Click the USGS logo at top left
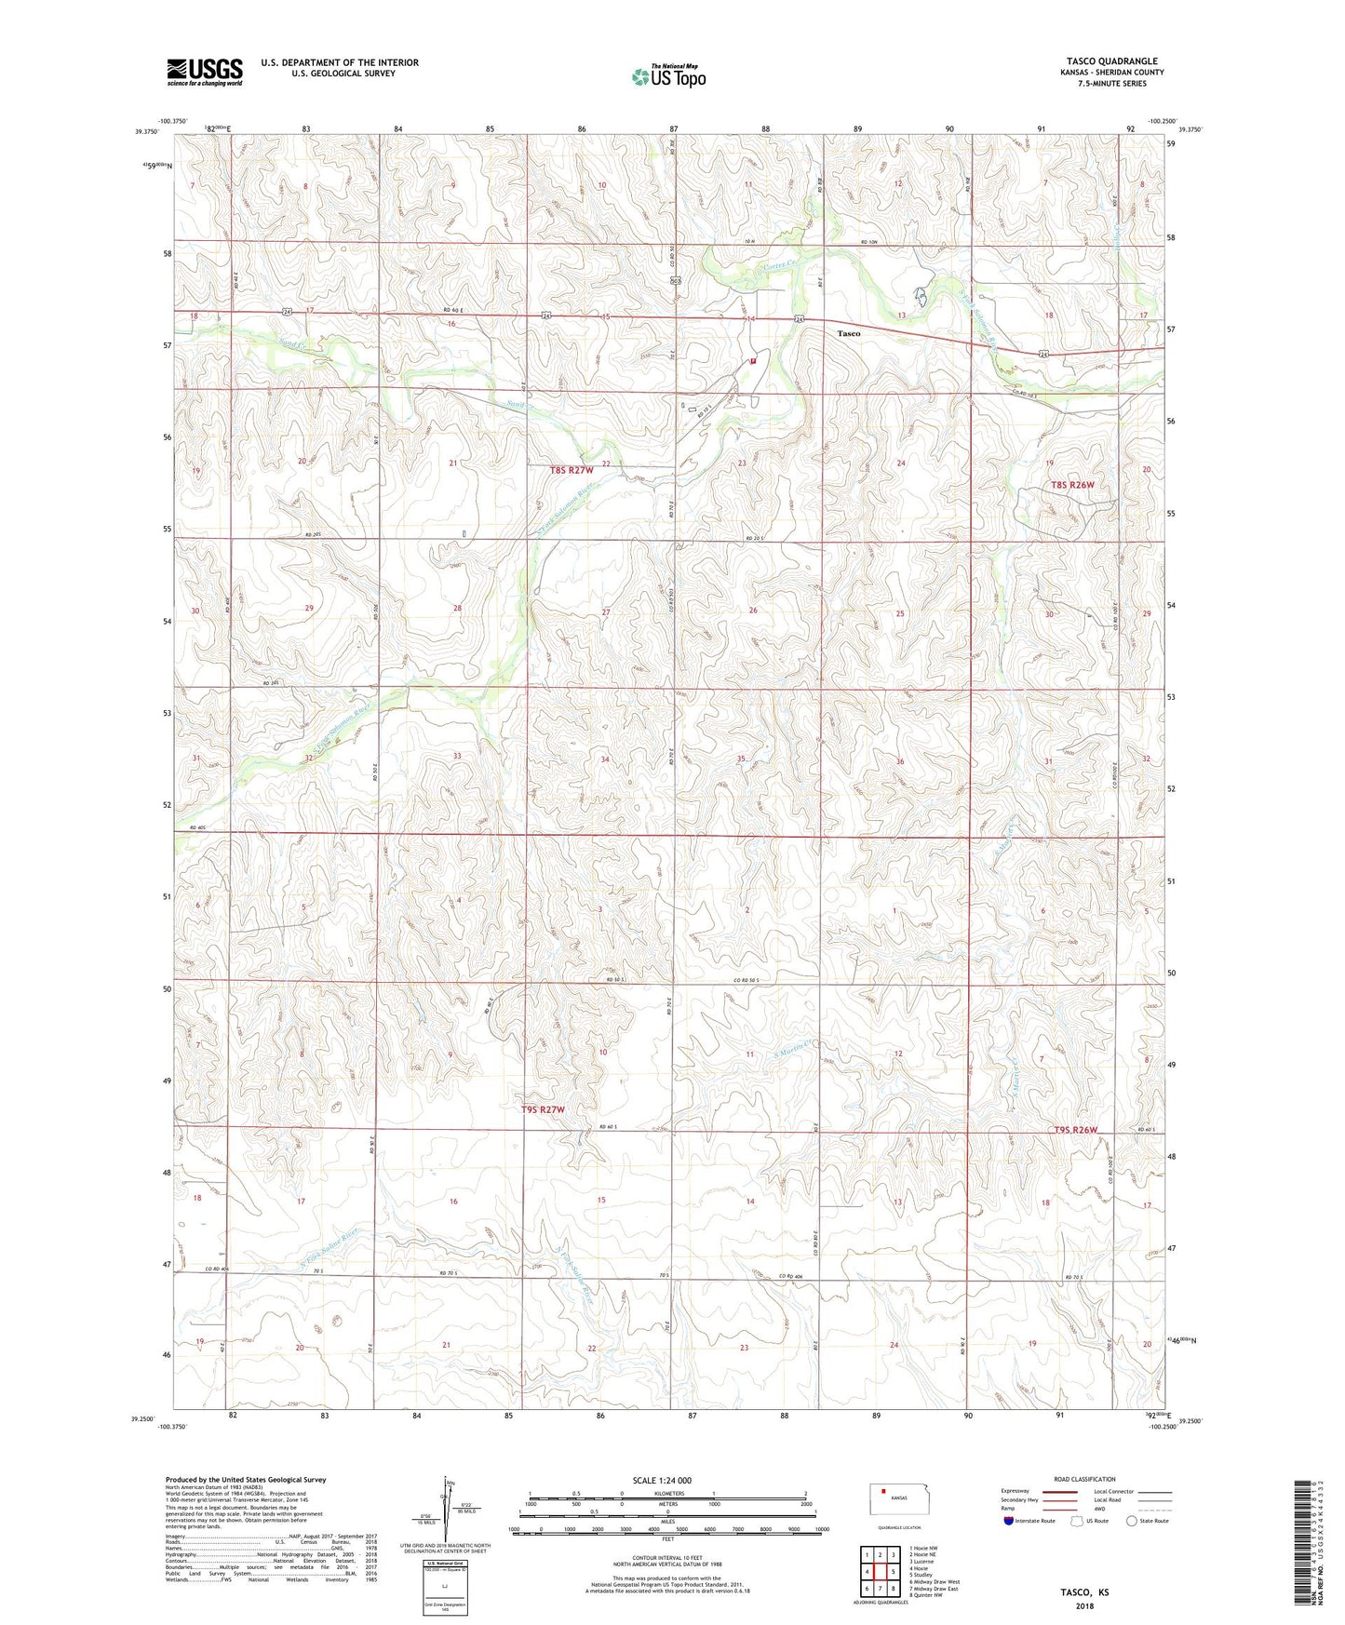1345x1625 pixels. click(205, 72)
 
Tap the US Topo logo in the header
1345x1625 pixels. click(668, 76)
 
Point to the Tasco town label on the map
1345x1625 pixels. click(848, 332)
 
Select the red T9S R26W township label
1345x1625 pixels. click(1075, 1130)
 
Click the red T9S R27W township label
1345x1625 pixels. click(543, 1109)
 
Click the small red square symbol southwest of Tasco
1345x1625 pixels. click(753, 361)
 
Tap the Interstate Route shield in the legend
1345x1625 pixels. click(1010, 1521)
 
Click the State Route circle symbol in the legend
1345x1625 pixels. click(1132, 1521)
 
